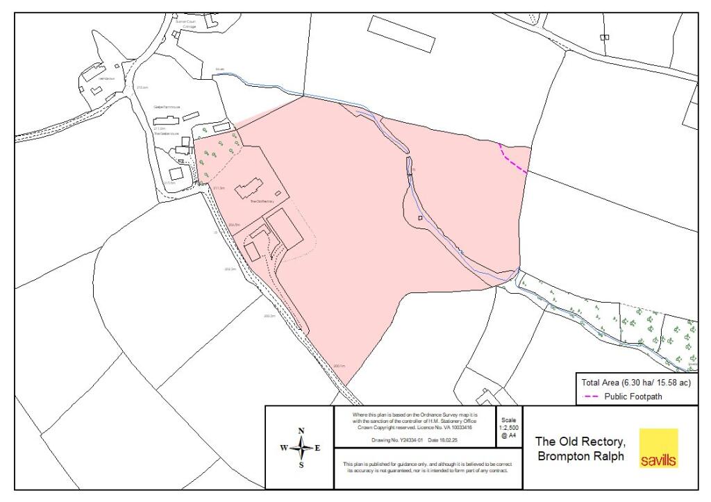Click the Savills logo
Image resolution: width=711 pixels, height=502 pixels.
[x=658, y=448]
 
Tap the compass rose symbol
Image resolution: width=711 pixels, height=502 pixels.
[x=301, y=448]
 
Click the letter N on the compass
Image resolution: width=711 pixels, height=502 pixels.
[x=301, y=431]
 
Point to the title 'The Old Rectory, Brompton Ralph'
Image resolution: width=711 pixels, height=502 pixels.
[x=580, y=449]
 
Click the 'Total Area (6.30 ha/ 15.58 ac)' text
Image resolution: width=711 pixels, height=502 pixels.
[x=636, y=383]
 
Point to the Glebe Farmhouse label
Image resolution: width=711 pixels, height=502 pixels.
[x=167, y=107]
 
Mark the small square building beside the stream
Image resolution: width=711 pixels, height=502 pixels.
[x=420, y=218]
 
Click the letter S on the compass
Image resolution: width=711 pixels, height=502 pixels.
[x=301, y=466]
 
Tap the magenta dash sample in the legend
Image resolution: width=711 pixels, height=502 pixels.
[x=591, y=397]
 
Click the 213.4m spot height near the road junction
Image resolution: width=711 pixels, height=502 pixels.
[x=143, y=87]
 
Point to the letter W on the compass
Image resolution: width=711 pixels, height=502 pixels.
[x=284, y=449]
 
